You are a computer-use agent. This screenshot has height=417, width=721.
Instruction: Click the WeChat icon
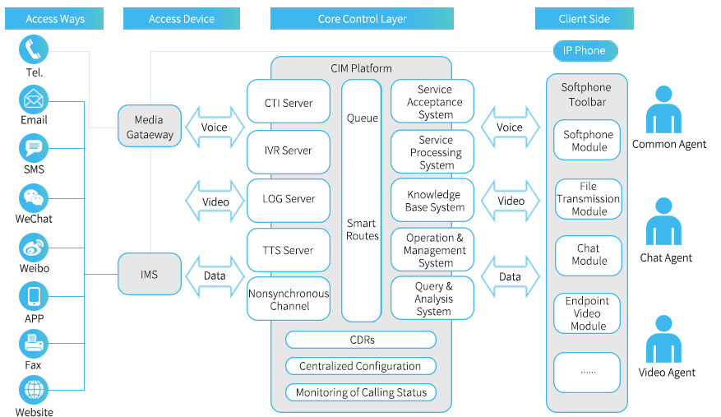(x=34, y=198)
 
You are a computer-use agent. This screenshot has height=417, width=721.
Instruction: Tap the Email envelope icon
(x=34, y=100)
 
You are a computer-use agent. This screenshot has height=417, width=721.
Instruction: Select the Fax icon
(x=34, y=344)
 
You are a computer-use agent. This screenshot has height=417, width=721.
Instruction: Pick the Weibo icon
(x=34, y=248)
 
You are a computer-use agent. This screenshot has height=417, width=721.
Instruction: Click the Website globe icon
(x=34, y=391)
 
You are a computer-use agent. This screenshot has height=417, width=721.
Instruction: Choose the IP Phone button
(x=585, y=51)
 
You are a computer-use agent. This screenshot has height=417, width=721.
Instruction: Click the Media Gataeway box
(x=150, y=126)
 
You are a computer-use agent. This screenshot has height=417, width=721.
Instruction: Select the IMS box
(x=150, y=275)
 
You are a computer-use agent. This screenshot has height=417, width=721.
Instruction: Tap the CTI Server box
(x=289, y=102)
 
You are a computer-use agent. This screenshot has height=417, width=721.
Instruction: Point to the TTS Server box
(x=289, y=250)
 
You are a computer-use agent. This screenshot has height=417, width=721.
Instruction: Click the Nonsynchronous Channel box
(x=289, y=299)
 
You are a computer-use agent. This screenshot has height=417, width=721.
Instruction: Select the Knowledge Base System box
(x=432, y=200)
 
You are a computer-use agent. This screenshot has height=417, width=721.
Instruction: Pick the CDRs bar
(x=361, y=340)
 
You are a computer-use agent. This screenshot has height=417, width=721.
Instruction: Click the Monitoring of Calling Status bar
(x=361, y=392)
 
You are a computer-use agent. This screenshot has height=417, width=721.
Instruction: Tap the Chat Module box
(x=588, y=256)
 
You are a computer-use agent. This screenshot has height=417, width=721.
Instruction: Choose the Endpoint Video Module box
(x=587, y=313)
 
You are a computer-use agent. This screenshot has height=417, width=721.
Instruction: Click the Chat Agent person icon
(x=663, y=221)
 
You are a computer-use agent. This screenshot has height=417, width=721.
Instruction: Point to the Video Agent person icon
(x=663, y=339)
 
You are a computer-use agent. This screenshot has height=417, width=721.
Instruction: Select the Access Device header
(x=182, y=18)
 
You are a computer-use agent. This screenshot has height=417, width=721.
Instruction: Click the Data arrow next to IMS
(x=215, y=276)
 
